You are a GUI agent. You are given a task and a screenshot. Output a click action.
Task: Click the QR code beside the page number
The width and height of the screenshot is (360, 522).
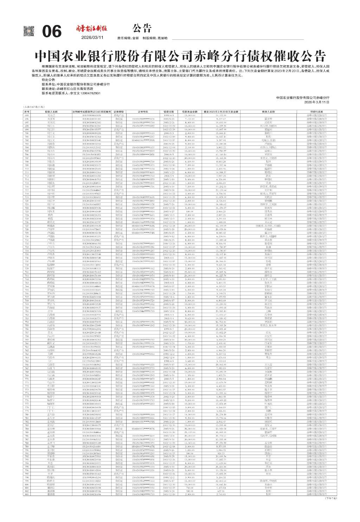[29, 32]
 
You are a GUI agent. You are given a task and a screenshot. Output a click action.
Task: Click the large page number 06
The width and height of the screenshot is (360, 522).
[52, 32]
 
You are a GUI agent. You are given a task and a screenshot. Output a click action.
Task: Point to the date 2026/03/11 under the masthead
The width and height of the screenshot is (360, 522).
[92, 38]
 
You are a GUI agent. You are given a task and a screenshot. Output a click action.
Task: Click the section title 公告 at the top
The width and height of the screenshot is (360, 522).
[142, 28]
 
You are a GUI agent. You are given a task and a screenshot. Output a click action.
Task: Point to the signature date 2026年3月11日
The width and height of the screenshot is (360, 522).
[317, 102]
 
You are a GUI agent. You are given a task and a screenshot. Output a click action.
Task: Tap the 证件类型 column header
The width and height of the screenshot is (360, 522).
[119, 112]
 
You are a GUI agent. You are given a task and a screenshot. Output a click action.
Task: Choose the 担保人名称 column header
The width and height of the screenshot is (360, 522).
[268, 112]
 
